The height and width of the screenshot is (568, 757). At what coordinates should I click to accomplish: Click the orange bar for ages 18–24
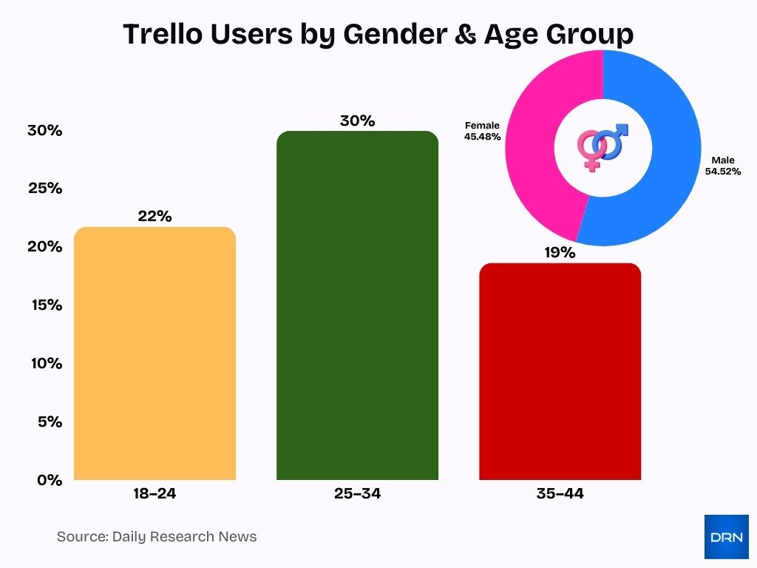pos(155,355)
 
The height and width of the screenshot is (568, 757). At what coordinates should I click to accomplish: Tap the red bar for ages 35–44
pos(560,373)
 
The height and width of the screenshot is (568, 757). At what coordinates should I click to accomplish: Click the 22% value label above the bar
pos(155,217)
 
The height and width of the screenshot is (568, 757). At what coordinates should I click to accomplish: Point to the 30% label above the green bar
pos(357,121)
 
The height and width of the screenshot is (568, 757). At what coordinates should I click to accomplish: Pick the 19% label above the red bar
pos(560,253)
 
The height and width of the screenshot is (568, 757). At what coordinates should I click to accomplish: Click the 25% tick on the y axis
pos(45,189)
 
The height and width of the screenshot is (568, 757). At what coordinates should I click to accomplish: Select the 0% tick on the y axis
pos(50,480)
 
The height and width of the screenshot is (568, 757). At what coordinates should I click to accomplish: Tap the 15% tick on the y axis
pos(46,305)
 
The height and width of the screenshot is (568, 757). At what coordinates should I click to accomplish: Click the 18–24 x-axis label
pos(155,494)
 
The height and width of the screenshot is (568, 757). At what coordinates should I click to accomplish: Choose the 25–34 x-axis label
pos(357,494)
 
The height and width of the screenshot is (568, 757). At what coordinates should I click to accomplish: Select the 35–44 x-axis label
pos(560,494)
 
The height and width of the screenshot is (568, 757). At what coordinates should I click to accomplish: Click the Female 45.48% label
pos(482,131)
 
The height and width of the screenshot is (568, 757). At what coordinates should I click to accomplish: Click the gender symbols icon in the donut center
pos(602,146)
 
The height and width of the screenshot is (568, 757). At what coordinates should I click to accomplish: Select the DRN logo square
pos(726,537)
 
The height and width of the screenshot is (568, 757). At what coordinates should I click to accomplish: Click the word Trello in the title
pos(162,35)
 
